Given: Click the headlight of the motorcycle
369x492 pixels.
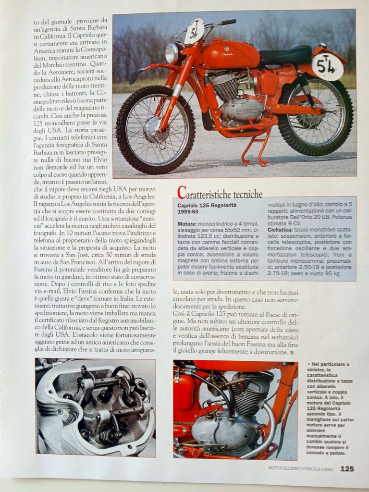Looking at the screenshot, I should [x=172, y=52].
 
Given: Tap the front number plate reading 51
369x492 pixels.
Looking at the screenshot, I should [x=195, y=31].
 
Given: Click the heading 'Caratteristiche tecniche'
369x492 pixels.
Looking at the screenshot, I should [x=220, y=193].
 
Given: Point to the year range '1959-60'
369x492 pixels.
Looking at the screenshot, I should [x=189, y=212].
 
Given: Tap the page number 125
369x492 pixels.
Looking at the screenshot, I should [x=347, y=468].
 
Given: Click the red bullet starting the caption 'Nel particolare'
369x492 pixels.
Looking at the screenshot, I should [x=307, y=365].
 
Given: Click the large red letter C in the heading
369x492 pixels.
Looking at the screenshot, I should [x=182, y=193].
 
